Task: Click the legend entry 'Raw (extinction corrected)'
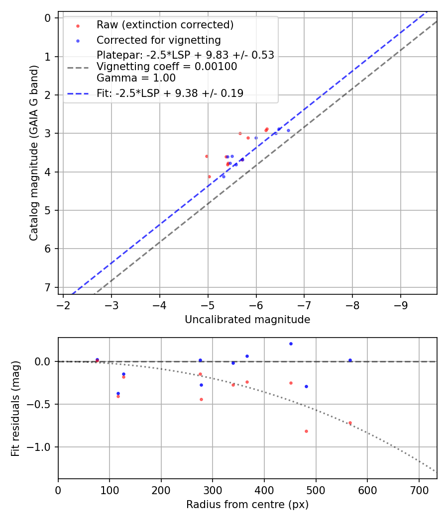point(165,25)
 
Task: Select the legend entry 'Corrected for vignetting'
point(158,40)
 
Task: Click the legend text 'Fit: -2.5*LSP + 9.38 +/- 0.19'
point(170,93)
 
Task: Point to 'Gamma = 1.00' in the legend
point(136,78)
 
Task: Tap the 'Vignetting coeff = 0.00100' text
point(166,67)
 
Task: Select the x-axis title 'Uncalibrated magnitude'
point(247,320)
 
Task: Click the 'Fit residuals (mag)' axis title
point(15,408)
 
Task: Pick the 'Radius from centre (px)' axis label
point(247,505)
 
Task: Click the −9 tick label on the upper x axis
point(401,304)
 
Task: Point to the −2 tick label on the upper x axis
point(63,304)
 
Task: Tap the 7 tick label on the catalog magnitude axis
point(48,287)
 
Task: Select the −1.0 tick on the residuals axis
point(42,447)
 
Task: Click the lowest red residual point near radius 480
point(306,431)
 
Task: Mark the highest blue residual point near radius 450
point(291,344)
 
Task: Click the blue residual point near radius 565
point(350,360)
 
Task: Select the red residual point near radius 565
point(350,423)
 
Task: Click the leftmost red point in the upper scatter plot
point(207,156)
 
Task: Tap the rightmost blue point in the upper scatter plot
point(288,130)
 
